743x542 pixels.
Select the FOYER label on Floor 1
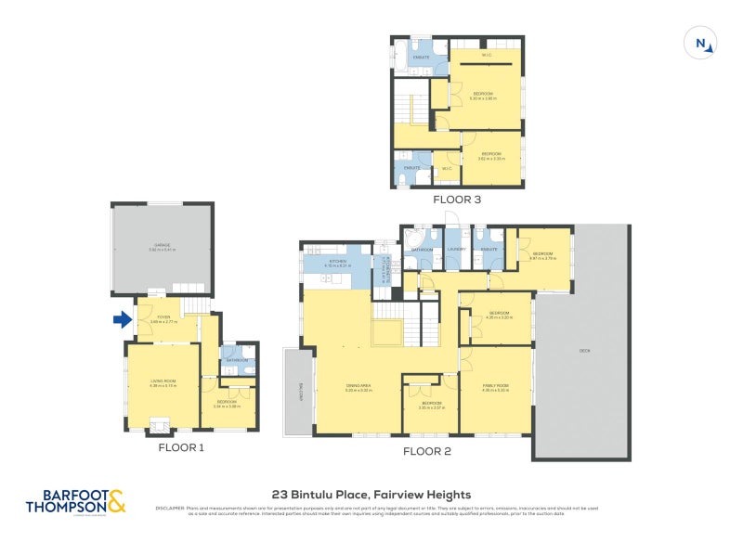point(164,317)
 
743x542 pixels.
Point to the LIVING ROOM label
point(163,381)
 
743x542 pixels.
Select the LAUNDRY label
point(455,249)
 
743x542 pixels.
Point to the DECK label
point(584,351)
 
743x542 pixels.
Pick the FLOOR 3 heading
point(456,199)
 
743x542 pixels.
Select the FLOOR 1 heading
point(180,447)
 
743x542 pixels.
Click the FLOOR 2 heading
point(426,452)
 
